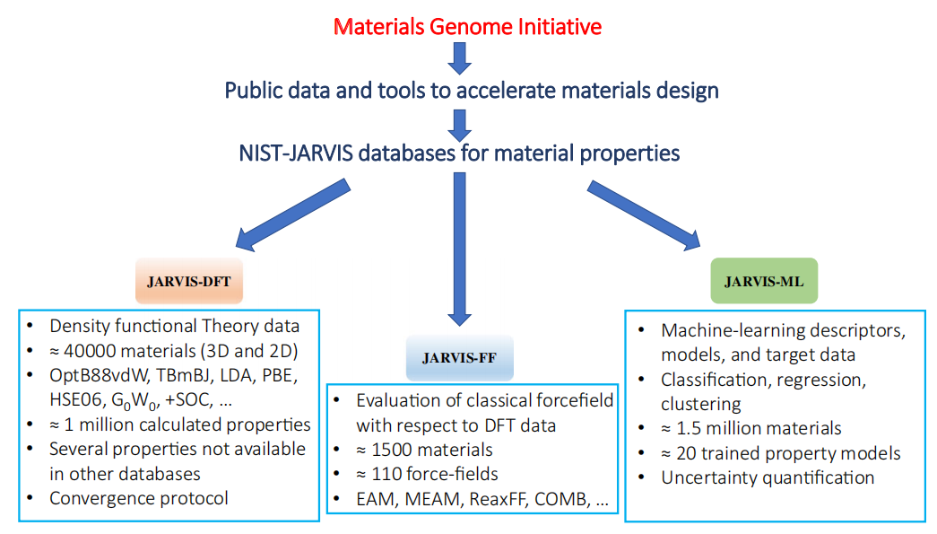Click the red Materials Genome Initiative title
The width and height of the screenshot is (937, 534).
(467, 27)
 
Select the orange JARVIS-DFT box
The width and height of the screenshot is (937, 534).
(189, 281)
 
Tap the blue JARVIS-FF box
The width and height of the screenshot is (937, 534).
(460, 357)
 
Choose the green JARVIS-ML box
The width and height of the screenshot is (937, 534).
(764, 281)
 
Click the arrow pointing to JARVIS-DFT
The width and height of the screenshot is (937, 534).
(293, 214)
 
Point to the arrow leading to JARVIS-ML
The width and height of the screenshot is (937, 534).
(644, 214)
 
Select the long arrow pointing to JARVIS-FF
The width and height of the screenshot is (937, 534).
(460, 249)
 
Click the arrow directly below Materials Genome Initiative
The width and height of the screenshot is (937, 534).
(460, 59)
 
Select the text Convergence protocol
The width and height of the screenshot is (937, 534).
(139, 498)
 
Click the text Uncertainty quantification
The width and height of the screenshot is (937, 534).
(768, 477)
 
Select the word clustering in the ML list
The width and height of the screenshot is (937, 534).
(700, 404)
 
